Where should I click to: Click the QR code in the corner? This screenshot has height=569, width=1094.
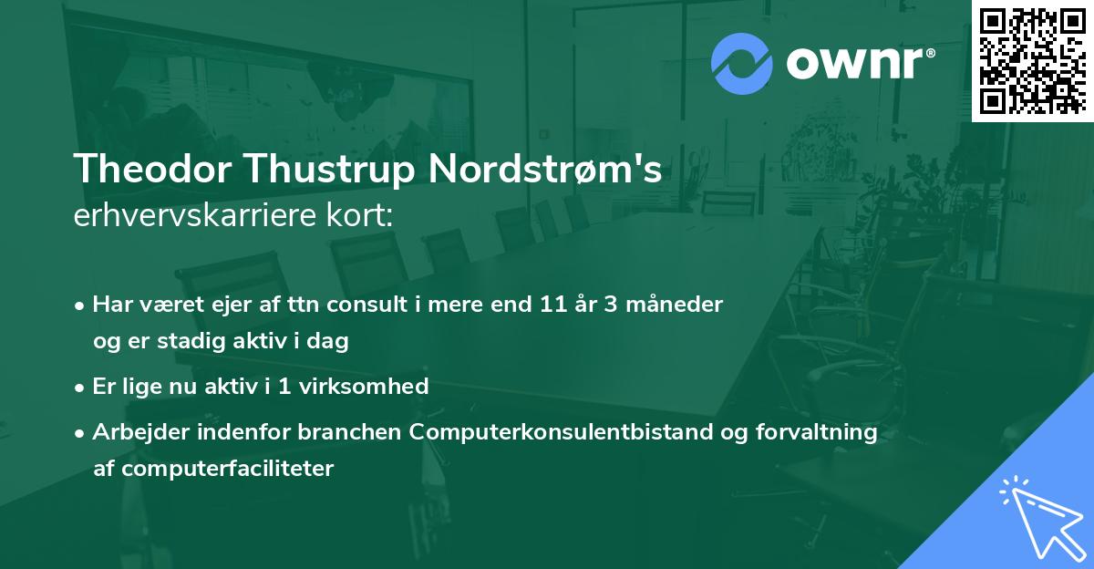[x=1032, y=60]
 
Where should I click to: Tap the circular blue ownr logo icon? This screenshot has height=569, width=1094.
[x=741, y=63]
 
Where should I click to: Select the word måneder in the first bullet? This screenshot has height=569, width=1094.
[x=679, y=305]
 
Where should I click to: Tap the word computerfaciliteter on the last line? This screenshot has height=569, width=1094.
[x=213, y=470]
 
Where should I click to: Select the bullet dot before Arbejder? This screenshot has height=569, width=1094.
[x=81, y=433]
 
